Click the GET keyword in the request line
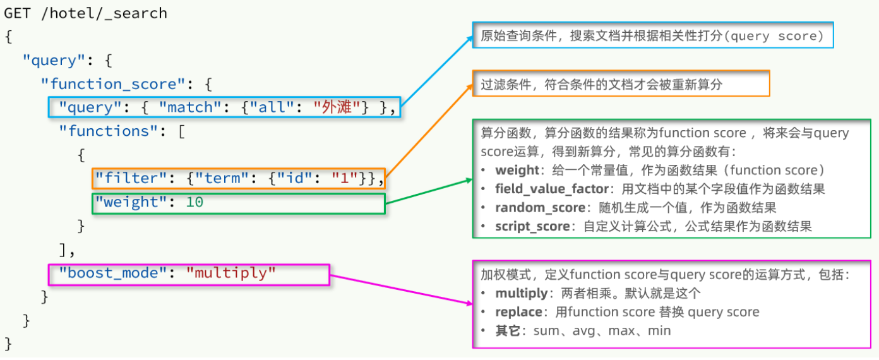[x=18, y=13]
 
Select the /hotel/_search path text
[x=104, y=13]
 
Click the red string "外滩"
[x=341, y=108]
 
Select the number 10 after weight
[x=194, y=202]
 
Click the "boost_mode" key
[x=112, y=273]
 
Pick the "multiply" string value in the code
[x=231, y=273]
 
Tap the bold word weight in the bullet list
[x=517, y=171]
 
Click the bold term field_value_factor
[x=551, y=189]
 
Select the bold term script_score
[x=532, y=226]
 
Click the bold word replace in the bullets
[x=518, y=312]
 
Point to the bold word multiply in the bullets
[x=521, y=293]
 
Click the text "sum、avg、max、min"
[x=602, y=331]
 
